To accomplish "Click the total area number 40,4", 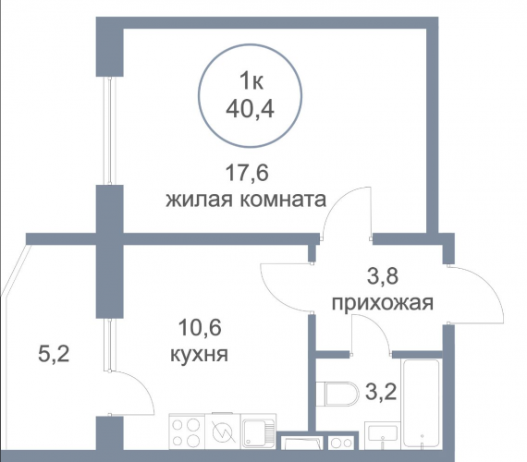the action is click(x=250, y=108).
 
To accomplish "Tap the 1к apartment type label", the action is click(x=251, y=81).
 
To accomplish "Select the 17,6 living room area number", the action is click(x=247, y=174).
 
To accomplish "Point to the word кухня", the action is click(x=200, y=354).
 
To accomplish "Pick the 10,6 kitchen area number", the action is click(x=200, y=328).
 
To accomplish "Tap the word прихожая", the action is click(x=383, y=303).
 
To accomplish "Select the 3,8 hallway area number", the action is click(x=382, y=276).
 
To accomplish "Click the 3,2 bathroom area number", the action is click(x=381, y=392).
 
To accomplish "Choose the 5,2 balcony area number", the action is click(x=54, y=355).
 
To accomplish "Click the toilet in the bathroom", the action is click(x=337, y=393).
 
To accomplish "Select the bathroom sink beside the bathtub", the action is click(x=383, y=435).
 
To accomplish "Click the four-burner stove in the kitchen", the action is click(x=187, y=432).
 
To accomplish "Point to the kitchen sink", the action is click(x=258, y=432).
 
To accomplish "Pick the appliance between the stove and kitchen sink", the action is click(x=223, y=431).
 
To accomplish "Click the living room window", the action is click(x=110, y=130).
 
